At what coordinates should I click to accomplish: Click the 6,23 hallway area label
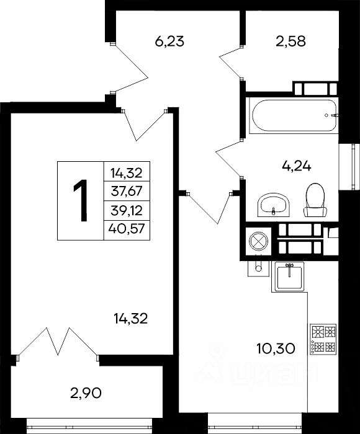point(169,42)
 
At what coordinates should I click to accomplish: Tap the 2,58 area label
point(290,42)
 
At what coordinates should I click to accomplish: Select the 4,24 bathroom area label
point(296,166)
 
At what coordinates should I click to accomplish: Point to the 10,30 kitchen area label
point(276,348)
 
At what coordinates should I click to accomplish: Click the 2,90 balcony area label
point(86,392)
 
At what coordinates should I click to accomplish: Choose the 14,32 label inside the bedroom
point(130,319)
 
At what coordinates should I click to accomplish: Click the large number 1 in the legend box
point(81,200)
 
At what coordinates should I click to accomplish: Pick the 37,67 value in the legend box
point(127,191)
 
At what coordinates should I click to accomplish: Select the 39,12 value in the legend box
point(127,211)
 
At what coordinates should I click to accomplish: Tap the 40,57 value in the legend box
point(127,229)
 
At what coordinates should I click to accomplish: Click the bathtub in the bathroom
point(294,116)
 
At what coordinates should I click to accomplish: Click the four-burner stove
point(323,339)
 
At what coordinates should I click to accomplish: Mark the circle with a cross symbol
point(258,241)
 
